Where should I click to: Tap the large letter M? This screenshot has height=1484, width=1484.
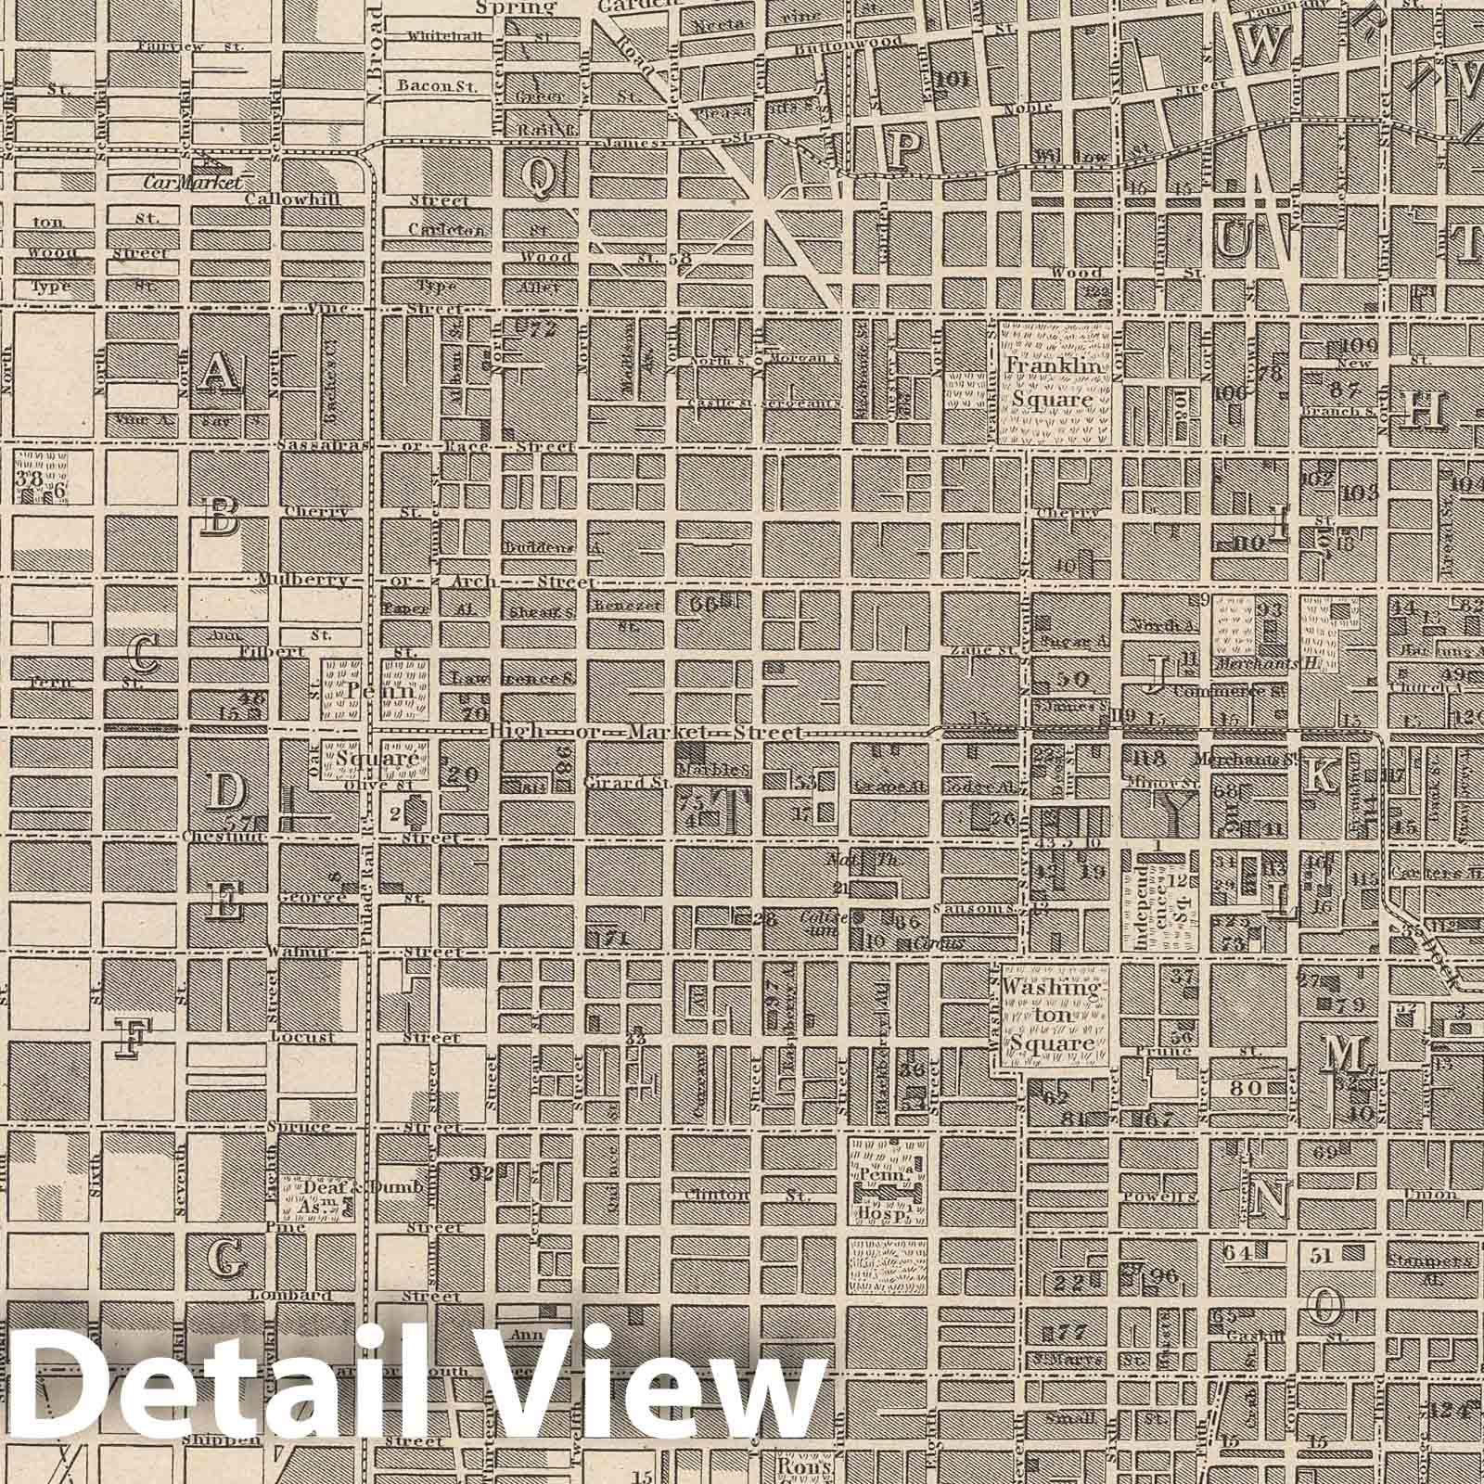point(1345,1053)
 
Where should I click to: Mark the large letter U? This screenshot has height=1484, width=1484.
point(1235,240)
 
